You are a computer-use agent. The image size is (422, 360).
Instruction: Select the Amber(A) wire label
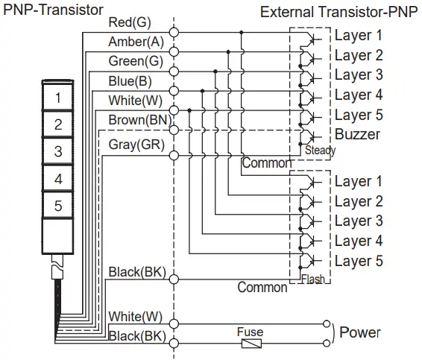pyautogui.click(x=136, y=42)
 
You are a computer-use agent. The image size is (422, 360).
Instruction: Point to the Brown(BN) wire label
pyautogui.click(x=139, y=119)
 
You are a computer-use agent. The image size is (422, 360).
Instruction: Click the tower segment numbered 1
pyautogui.click(x=58, y=98)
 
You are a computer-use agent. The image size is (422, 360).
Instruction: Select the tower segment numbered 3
pyautogui.click(x=58, y=151)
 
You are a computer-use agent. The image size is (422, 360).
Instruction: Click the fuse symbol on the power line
pyautogui.click(x=250, y=344)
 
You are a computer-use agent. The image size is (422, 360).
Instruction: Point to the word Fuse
pyautogui.click(x=249, y=332)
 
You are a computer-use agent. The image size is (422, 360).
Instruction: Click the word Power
pyautogui.click(x=360, y=332)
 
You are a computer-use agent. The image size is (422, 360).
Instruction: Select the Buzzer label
pyautogui.click(x=357, y=135)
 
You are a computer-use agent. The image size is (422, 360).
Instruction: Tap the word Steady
pyautogui.click(x=320, y=151)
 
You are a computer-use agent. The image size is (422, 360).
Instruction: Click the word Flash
pyautogui.click(x=312, y=280)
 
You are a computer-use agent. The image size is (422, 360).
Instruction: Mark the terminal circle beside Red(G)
pyautogui.click(x=174, y=32)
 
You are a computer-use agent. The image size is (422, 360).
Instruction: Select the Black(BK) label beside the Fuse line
pyautogui.click(x=136, y=336)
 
